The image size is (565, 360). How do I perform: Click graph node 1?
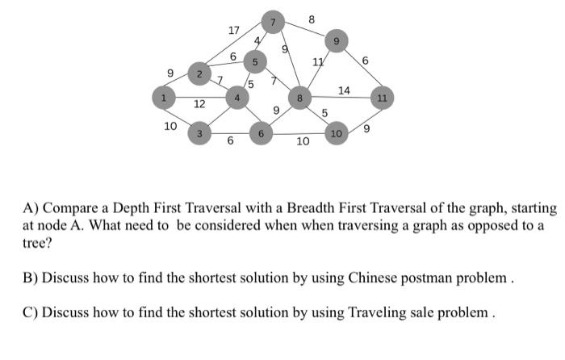(x=164, y=98)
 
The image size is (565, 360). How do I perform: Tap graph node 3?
(x=199, y=132)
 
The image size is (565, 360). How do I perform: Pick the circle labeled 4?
(x=236, y=98)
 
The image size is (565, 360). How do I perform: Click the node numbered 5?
(x=255, y=61)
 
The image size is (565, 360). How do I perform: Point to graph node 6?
(x=261, y=132)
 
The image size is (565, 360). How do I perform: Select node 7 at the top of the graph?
(x=274, y=23)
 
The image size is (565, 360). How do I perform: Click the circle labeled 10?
(x=336, y=132)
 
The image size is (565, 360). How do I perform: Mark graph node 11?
(x=382, y=98)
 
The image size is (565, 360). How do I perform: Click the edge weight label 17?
(x=233, y=31)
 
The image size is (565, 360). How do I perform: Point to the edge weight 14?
(x=344, y=90)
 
